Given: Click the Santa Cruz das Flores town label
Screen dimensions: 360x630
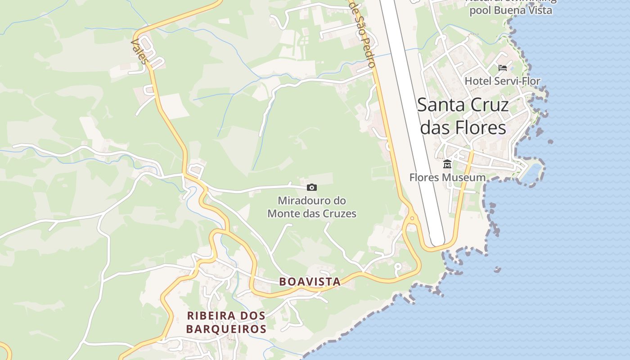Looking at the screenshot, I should [463, 116].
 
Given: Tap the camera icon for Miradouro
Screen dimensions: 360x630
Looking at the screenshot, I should [311, 187].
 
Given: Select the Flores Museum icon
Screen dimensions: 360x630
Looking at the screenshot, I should [447, 164].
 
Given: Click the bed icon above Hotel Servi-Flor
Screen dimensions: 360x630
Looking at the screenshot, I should [503, 68].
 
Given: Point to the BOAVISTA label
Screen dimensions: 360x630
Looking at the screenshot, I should [310, 282].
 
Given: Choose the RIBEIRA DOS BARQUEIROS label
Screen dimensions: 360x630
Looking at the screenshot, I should [226, 322].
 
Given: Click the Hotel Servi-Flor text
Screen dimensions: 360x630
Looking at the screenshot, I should [502, 81].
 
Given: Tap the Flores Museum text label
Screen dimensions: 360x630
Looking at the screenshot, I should [447, 177].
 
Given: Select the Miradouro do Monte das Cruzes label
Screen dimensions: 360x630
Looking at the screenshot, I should [312, 207].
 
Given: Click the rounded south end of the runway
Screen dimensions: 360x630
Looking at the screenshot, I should [437, 240].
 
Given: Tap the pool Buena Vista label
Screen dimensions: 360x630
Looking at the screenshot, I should [511, 10].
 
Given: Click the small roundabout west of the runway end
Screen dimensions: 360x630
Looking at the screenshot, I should [411, 220].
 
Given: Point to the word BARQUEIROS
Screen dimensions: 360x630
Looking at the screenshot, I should [226, 329].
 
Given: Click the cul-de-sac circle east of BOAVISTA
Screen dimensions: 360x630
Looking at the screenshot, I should [397, 266].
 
